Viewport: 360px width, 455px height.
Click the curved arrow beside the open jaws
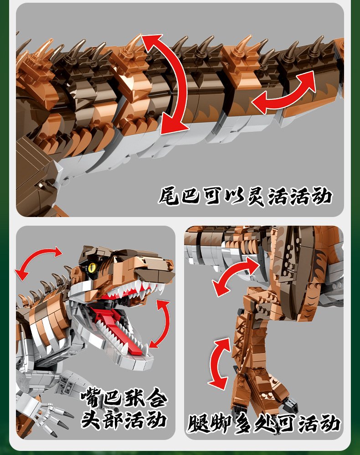coord(164,324)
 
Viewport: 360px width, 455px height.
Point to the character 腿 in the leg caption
coord(198,424)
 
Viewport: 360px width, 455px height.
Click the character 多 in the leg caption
coord(242,424)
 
